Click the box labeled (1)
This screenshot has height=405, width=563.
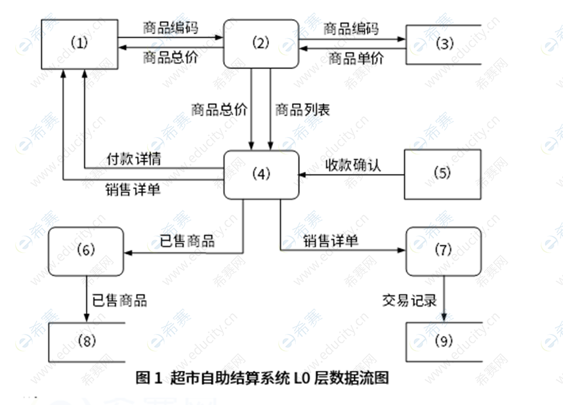coord(79,44)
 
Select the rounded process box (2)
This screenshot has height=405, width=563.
coord(261,44)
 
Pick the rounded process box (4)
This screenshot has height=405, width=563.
coord(261,175)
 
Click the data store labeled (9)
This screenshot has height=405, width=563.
coord(444,341)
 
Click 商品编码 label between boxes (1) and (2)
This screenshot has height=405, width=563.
coord(171,28)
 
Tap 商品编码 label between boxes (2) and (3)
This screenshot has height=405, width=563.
coord(352,28)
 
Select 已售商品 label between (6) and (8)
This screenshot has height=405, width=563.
coord(119,301)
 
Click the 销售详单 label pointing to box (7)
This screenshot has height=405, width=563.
coord(331,241)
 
